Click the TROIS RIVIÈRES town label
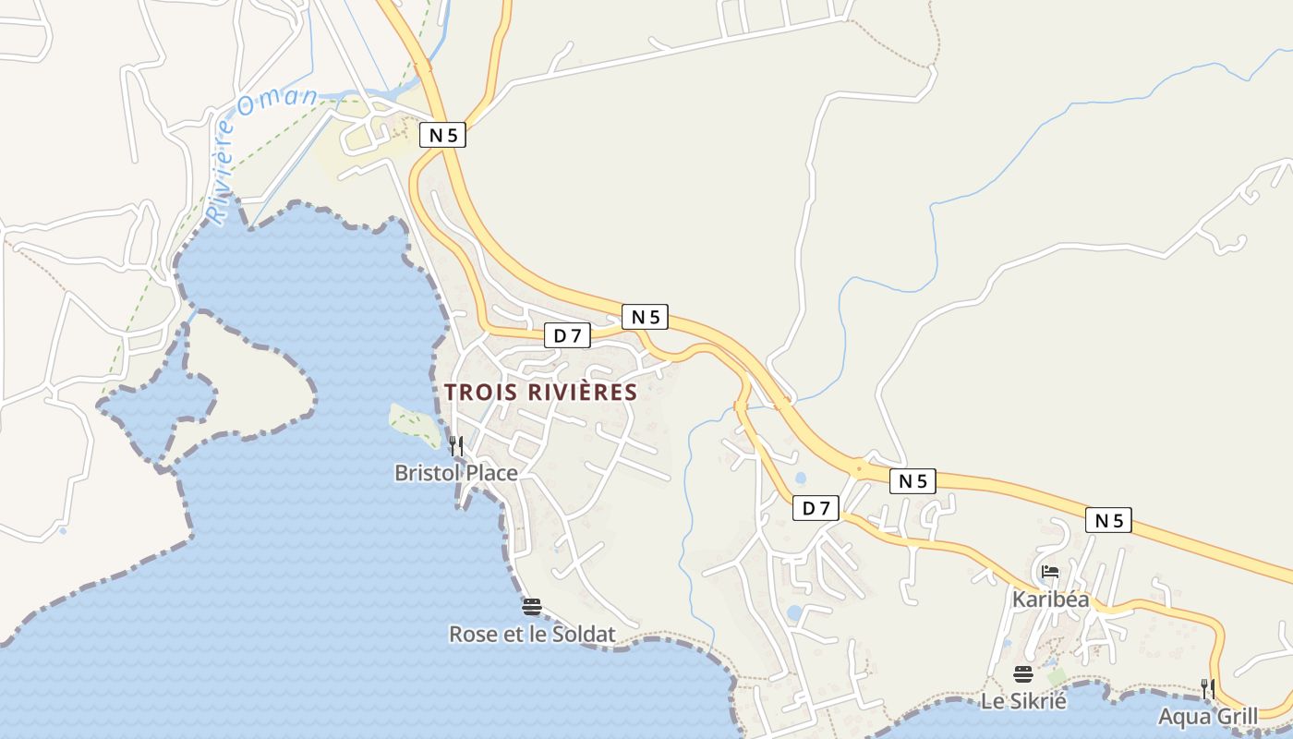click(540, 392)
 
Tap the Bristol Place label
click(455, 473)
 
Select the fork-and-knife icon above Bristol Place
click(455, 446)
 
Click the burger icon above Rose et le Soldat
click(531, 607)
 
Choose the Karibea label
click(1050, 600)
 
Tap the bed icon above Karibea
click(1050, 572)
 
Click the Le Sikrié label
click(1023, 701)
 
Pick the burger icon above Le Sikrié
click(1022, 673)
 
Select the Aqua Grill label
click(1208, 717)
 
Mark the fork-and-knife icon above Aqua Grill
click(1207, 688)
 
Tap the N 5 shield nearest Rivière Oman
click(442, 135)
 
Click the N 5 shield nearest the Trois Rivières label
click(645, 317)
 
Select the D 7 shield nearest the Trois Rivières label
click(567, 335)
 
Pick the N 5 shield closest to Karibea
click(1108, 520)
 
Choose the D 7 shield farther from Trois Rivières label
click(816, 507)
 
